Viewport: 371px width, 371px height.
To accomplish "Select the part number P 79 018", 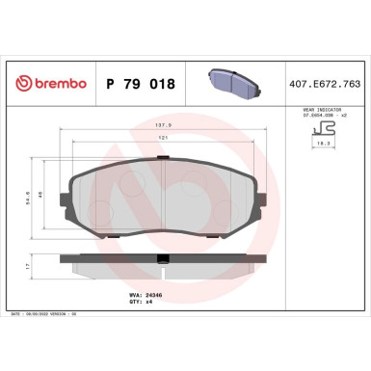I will pos(139,85).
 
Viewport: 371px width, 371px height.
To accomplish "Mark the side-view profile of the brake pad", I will pos(166,260).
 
